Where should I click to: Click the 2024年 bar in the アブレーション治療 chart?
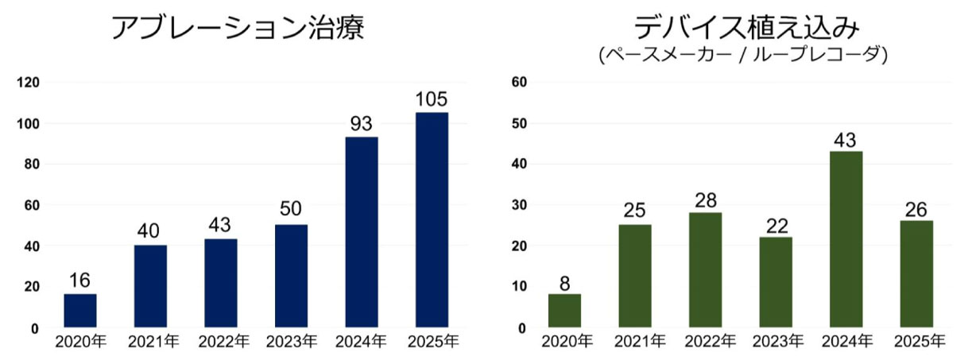click(362, 232)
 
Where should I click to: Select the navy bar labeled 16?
click(80, 311)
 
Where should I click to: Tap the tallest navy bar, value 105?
click(432, 219)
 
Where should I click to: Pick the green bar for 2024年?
click(846, 239)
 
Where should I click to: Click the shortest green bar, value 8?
click(564, 311)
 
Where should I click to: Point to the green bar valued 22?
click(776, 282)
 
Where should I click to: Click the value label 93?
click(362, 125)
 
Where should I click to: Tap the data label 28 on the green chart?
click(705, 200)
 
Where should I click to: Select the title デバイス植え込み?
click(746, 26)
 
